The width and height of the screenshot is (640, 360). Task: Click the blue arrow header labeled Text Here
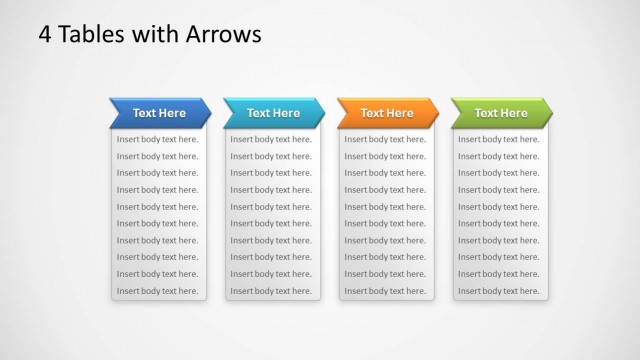[x=159, y=113]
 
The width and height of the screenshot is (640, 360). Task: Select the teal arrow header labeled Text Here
[x=273, y=113]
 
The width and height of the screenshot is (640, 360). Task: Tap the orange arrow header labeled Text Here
[x=387, y=113]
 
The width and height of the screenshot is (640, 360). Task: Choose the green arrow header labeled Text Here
[x=500, y=113]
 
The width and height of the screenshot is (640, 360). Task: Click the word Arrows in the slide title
[x=224, y=34]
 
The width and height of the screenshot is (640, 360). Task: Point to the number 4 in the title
[x=45, y=34]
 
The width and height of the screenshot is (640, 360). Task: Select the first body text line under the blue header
[x=158, y=139]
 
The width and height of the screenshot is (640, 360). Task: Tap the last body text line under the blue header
[x=158, y=291]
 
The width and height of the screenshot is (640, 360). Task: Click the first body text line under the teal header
[x=272, y=139]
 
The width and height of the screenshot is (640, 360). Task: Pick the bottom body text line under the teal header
[x=272, y=291]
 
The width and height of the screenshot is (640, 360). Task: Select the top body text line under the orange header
[x=385, y=139]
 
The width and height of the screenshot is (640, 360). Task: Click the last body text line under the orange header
[x=385, y=291]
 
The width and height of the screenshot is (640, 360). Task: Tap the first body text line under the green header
[x=499, y=139]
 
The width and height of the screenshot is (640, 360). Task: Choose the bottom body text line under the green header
[x=499, y=291]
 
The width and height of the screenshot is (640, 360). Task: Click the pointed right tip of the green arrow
[x=550, y=113]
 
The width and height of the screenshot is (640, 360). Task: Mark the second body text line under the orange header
[x=385, y=156]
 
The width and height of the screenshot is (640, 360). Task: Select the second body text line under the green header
[x=499, y=156]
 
